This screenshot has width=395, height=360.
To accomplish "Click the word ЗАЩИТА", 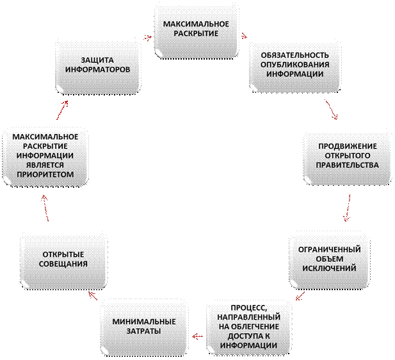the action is [x=97, y=60].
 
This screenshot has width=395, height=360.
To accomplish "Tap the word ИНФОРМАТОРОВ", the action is [x=97, y=70].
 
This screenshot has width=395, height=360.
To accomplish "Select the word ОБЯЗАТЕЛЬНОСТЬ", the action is [x=294, y=55].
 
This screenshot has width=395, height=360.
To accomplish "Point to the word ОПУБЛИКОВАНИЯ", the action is [x=294, y=65].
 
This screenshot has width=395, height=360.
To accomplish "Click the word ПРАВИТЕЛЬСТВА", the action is [x=347, y=165].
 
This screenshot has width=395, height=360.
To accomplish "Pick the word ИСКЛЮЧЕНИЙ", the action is [x=329, y=268].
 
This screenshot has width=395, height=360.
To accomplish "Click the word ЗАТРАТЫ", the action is [x=143, y=331].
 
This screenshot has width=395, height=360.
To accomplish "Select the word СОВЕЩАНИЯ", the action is [x=63, y=264].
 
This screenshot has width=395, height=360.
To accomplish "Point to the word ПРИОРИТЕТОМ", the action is [x=45, y=174].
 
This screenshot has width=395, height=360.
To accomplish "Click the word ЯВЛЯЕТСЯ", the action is [x=45, y=165].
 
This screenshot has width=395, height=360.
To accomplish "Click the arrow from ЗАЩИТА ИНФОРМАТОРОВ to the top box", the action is [x=147, y=37].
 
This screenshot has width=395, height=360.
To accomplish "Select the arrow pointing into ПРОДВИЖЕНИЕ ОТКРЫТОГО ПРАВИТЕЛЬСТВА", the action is [x=331, y=110].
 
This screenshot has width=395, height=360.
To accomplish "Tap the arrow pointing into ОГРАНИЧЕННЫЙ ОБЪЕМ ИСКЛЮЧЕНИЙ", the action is [x=347, y=208].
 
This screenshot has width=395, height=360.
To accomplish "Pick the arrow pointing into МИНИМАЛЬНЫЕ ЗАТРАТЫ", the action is [x=197, y=336].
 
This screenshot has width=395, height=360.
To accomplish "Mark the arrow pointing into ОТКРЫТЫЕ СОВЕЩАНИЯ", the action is [x=93, y=296].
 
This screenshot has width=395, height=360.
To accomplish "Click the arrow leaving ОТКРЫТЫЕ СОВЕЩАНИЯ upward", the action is [x=45, y=208].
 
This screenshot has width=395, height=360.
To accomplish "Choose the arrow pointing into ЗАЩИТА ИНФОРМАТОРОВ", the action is [x=62, y=110].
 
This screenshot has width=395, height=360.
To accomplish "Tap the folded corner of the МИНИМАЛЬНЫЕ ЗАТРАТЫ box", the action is [x=104, y=350].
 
